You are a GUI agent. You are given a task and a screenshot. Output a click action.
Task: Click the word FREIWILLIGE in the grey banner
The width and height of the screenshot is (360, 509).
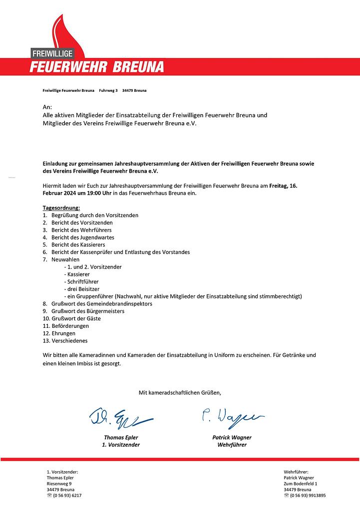52,53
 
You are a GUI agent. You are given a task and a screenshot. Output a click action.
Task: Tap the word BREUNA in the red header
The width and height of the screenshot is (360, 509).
137,67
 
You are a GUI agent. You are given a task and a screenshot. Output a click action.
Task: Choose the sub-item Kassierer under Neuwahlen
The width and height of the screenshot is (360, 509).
78,274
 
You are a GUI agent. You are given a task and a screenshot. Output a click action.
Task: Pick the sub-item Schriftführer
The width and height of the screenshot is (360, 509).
82,282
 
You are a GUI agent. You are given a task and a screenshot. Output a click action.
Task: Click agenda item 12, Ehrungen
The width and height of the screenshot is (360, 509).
63,333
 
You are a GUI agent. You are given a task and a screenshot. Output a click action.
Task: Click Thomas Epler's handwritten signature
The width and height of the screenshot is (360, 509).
120,417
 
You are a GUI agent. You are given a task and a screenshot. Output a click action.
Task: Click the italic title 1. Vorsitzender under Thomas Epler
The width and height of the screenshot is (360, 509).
121,445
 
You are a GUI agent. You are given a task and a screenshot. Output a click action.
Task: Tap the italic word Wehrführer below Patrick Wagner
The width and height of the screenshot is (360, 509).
232,445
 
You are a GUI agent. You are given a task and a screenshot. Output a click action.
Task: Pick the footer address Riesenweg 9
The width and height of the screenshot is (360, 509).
59,484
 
